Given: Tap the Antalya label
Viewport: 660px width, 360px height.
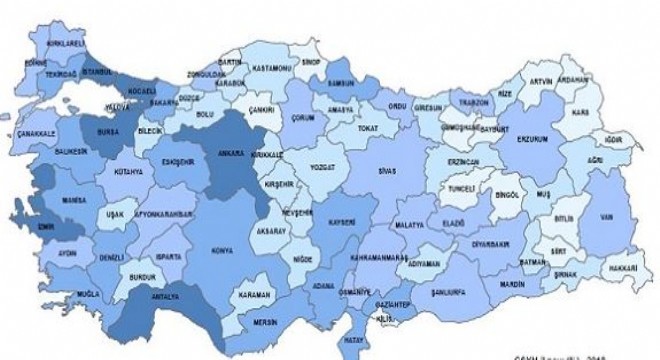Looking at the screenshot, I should tap(165, 297).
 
